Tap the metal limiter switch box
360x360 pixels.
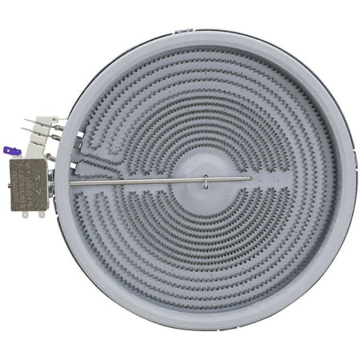28,184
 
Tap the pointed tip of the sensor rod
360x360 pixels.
250,178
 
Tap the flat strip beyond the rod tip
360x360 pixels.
272,177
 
